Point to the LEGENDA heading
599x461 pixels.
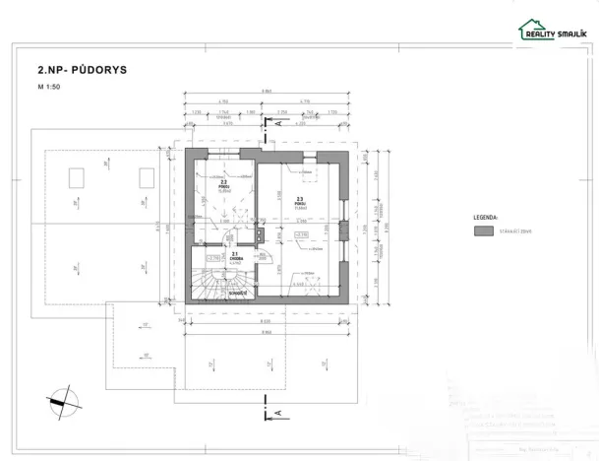coord(484,214)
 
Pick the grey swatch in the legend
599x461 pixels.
coord(483,230)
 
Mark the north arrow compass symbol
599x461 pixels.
coord(60,400)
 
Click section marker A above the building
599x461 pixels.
coord(278,125)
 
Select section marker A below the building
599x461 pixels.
coord(278,412)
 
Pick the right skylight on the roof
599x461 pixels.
coord(147,177)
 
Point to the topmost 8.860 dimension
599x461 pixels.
coord(267,91)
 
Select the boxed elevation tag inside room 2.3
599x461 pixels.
coord(302,234)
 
